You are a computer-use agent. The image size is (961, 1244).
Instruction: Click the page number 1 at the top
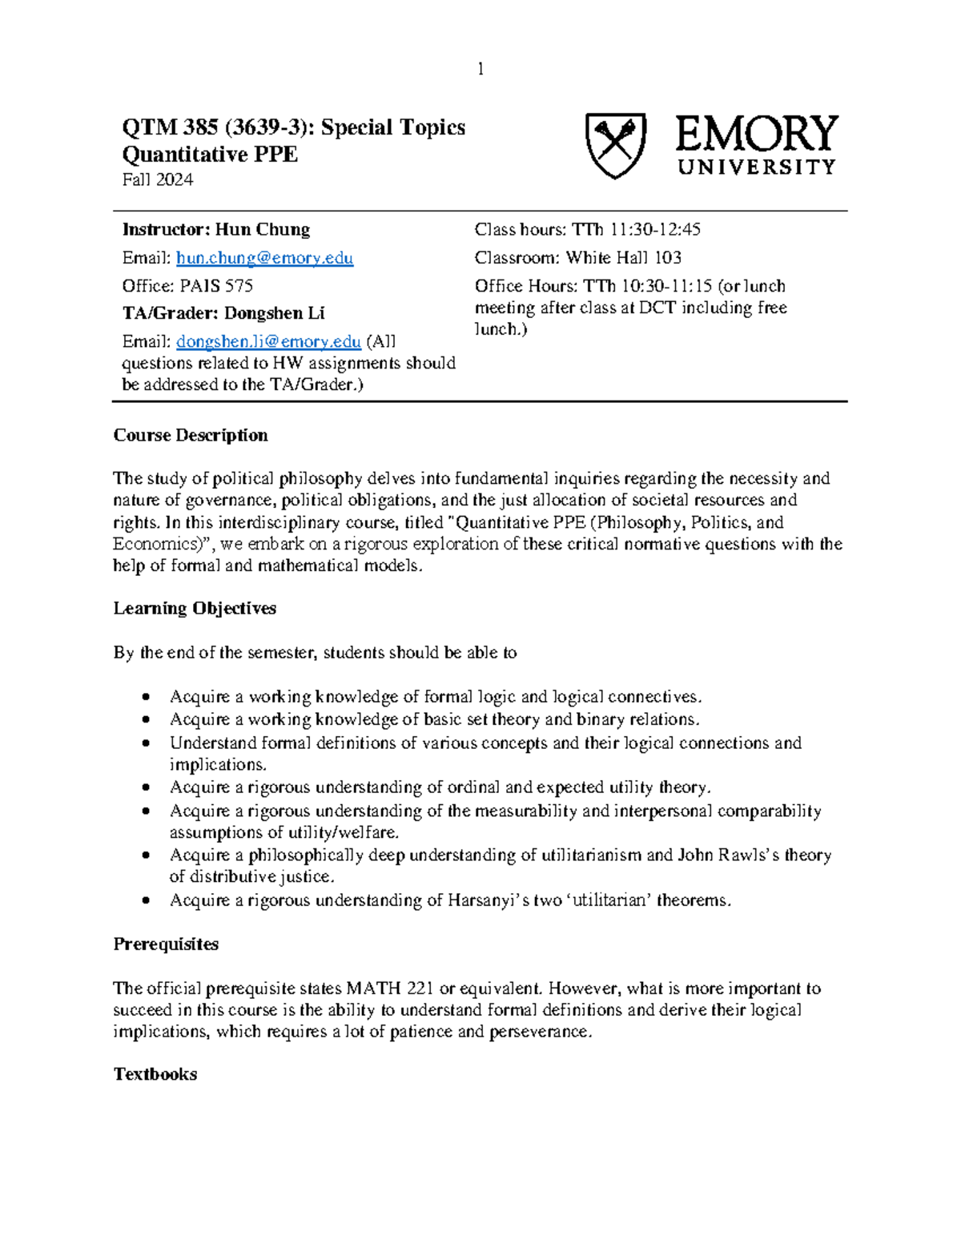[x=480, y=70]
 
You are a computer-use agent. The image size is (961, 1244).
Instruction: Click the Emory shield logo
[x=615, y=145]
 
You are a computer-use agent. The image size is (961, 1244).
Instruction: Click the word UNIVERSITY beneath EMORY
[x=757, y=167]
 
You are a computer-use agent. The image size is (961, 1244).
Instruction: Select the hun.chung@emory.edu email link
[x=264, y=258]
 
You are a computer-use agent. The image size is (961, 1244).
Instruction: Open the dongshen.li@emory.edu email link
[x=268, y=342]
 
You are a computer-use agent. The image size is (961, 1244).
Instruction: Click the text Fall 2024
[x=158, y=179]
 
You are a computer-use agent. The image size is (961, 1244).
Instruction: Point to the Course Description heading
[x=191, y=436]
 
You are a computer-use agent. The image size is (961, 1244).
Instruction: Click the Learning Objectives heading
[x=195, y=609]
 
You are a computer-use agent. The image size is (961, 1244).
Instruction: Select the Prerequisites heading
[x=166, y=944]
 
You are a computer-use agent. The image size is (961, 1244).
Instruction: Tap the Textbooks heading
[x=155, y=1075]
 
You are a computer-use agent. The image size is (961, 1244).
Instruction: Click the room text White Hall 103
[x=623, y=258]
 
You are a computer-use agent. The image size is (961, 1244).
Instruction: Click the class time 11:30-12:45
[x=654, y=230]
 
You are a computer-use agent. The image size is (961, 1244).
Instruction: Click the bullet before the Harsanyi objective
[x=145, y=901]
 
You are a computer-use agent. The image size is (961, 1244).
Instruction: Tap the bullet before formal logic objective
[x=145, y=697]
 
